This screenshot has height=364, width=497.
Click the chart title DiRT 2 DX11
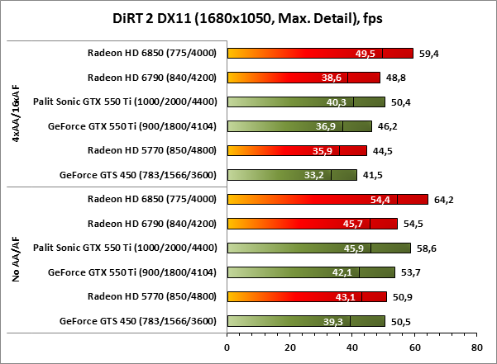coord(248,17)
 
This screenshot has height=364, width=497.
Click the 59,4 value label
coord(428,54)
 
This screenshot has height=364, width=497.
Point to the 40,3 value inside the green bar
coord(337,102)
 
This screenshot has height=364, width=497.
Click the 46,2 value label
coord(388,126)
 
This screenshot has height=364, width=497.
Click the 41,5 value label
coord(373,175)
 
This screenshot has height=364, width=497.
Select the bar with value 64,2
coord(327,199)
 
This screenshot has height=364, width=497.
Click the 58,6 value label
coord(427,248)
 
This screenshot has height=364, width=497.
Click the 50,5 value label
coord(401,321)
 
